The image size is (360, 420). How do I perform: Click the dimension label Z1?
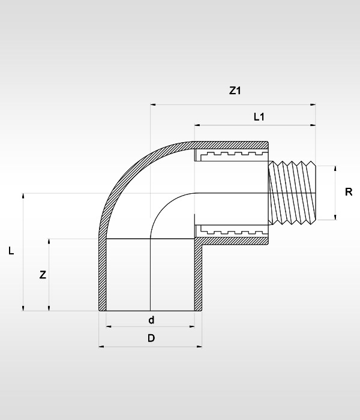(x=235, y=91)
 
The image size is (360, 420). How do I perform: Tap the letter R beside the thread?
(x=349, y=193)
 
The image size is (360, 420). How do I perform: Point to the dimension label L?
(x=11, y=252)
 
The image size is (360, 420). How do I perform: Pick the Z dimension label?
(x=42, y=275)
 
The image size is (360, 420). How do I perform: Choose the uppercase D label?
(x=151, y=338)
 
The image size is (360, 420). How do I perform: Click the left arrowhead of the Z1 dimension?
(x=153, y=105)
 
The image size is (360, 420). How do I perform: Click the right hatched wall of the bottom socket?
(x=198, y=276)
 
